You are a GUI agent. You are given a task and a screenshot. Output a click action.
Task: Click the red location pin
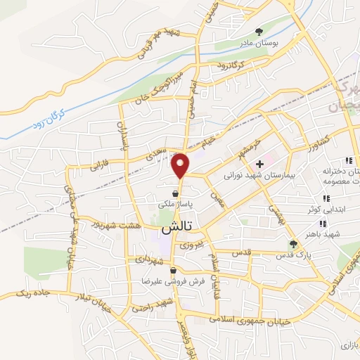181,165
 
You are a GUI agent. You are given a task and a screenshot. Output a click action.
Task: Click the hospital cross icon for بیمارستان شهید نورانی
259,163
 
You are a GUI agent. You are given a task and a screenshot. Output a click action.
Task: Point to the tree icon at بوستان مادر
259,32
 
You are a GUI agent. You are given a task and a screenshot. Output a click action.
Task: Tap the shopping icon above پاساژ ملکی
174,192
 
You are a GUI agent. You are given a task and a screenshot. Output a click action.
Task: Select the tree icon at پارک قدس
294,244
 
